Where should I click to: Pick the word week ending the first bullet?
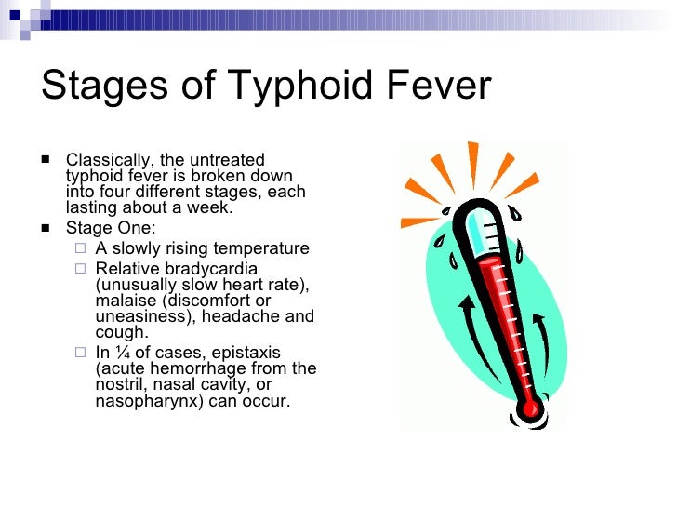tap(209, 208)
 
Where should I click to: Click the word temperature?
tap(260, 248)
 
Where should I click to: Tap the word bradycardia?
tap(210, 269)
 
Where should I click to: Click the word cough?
tap(120, 332)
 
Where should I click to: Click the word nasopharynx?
tap(142, 402)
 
